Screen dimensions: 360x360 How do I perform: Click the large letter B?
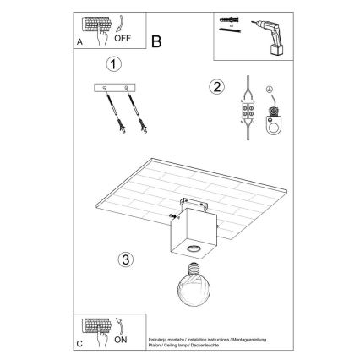click(x=156, y=41)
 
